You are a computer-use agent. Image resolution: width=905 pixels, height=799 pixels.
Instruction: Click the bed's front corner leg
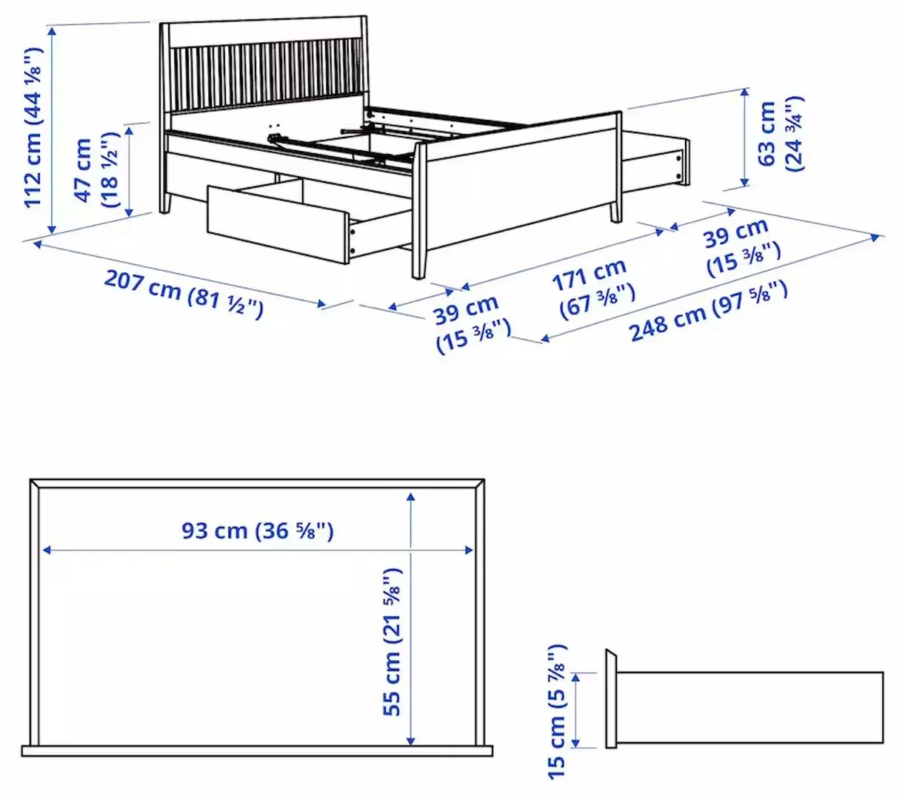[x=419, y=252]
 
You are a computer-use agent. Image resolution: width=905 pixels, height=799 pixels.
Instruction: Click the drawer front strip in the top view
[x=257, y=751]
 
